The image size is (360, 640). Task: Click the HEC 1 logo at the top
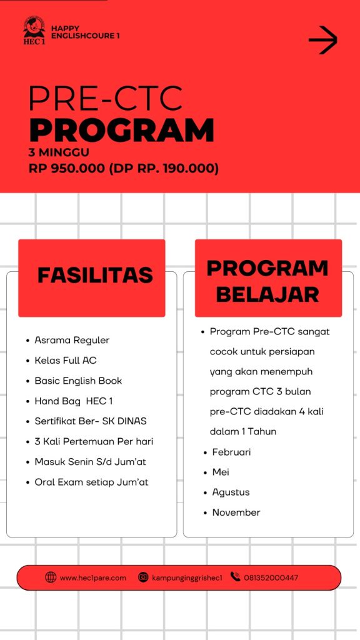pyautogui.click(x=34, y=30)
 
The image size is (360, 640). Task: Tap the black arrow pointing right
pyautogui.click(x=322, y=41)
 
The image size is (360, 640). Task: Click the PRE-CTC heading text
pyautogui.click(x=106, y=98)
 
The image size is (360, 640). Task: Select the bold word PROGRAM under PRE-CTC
pyautogui.click(x=122, y=130)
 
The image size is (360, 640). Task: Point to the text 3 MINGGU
pyautogui.click(x=59, y=152)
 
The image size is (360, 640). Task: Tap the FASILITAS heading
pyautogui.click(x=95, y=276)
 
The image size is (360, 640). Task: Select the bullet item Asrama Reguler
pyautogui.click(x=72, y=340)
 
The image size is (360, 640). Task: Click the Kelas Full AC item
pyautogui.click(x=66, y=361)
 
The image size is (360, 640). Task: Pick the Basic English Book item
pyautogui.click(x=78, y=381)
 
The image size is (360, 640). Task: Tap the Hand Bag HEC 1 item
pyautogui.click(x=74, y=401)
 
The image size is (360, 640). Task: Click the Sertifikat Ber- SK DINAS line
pyautogui.click(x=91, y=421)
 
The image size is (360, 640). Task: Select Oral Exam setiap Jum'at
pyautogui.click(x=91, y=482)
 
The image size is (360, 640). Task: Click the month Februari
pyautogui.click(x=231, y=452)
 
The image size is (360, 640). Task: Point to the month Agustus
pyautogui.click(x=231, y=492)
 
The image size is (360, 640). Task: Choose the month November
pyautogui.click(x=236, y=512)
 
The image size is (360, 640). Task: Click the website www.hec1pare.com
pyautogui.click(x=92, y=577)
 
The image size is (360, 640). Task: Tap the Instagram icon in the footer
pyautogui.click(x=144, y=577)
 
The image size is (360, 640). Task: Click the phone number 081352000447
pyautogui.click(x=271, y=577)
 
